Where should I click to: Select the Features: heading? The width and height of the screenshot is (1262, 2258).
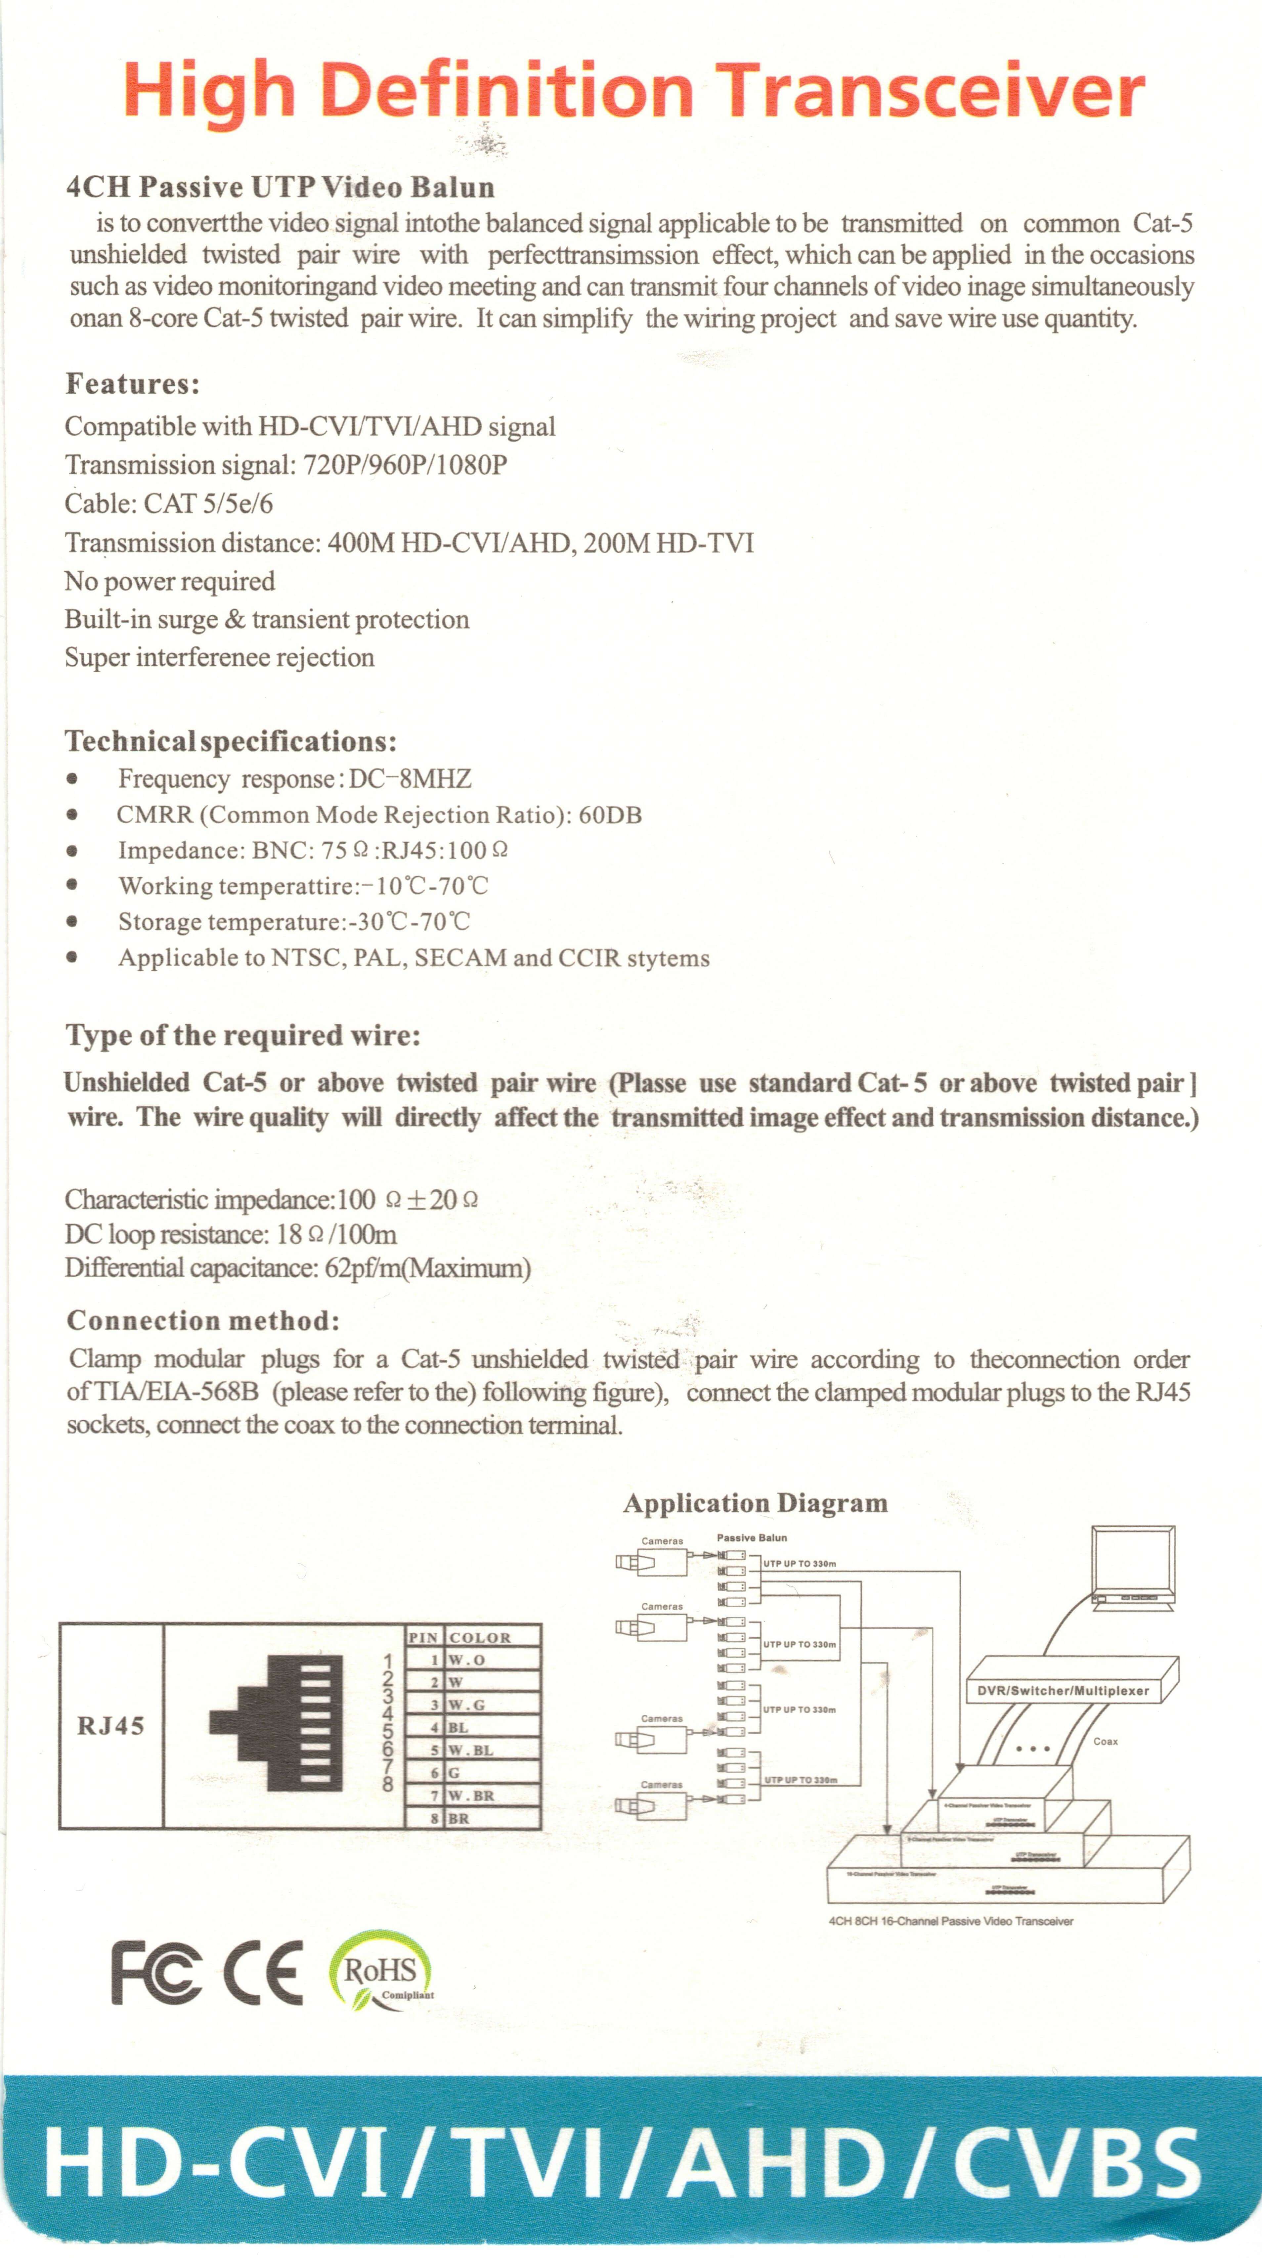click(132, 384)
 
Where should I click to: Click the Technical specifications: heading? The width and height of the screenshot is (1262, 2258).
click(231, 741)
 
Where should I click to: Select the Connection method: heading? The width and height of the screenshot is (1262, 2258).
click(203, 1321)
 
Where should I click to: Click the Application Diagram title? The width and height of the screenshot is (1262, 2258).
click(756, 1503)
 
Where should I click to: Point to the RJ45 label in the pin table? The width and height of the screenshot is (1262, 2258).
click(110, 1726)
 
